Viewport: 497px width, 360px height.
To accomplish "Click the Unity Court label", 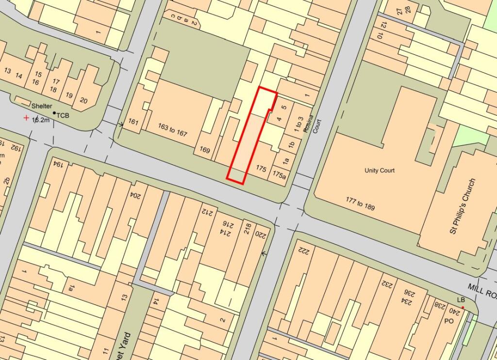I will [380, 171].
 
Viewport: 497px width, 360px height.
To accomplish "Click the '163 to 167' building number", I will [172, 130].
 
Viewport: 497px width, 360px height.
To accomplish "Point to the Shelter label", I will [41, 106].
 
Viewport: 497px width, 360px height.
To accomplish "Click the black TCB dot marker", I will [54, 113].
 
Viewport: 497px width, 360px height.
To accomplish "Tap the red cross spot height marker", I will [26, 118].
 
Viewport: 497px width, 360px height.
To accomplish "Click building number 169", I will [205, 151].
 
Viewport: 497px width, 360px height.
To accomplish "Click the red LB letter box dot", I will [463, 308].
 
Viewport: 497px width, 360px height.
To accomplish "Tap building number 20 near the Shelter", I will [83, 101].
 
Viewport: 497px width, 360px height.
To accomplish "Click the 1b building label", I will [291, 144].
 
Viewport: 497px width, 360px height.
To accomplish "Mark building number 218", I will [247, 228].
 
